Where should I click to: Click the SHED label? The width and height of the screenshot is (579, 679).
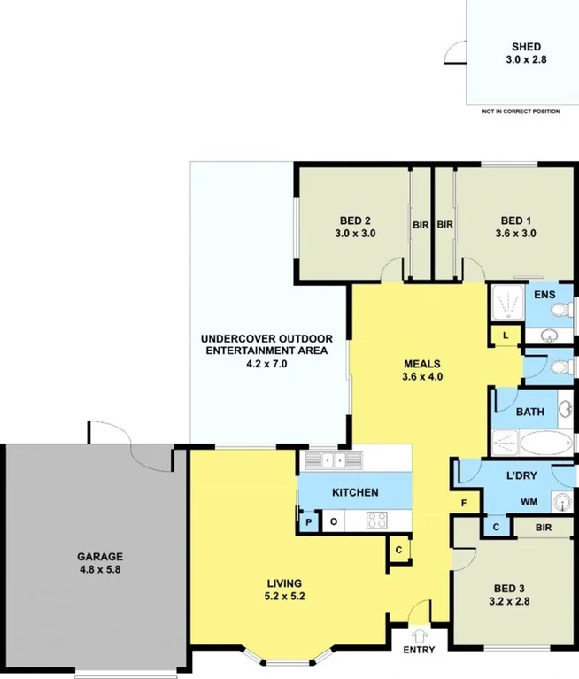coord(526,47)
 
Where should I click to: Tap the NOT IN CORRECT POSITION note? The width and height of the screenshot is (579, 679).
coord(521,112)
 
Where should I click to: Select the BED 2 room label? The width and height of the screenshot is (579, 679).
coord(355,220)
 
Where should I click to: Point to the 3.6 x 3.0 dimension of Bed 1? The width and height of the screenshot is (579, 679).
coord(516,234)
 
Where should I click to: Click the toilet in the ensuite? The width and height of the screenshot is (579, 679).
coord(560,310)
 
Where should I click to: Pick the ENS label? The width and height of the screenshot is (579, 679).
coord(543,293)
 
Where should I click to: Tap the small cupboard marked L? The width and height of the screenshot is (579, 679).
coord(505,336)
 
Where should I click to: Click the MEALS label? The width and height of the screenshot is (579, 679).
coord(422,363)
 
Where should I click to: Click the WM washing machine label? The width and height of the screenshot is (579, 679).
coord(529,502)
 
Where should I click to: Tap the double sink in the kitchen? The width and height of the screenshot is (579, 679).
coord(329,459)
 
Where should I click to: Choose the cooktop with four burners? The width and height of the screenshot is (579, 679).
coord(375,521)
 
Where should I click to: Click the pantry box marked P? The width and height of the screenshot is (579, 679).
coord(309,522)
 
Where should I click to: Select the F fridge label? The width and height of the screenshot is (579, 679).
coord(462,504)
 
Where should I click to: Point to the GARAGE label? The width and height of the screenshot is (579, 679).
coord(98,557)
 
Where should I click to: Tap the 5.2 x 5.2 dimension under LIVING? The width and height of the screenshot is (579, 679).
coord(285,597)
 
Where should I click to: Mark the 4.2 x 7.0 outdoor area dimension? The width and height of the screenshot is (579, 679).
coord(266,363)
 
